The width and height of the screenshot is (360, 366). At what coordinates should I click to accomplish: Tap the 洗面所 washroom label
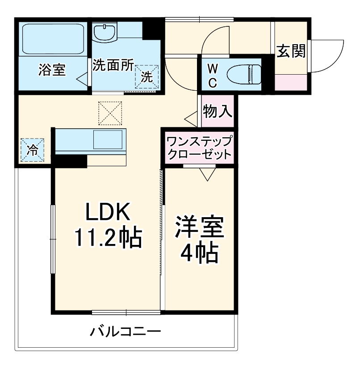coord(113,66)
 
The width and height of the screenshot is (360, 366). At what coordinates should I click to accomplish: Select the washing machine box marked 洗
coord(147,77)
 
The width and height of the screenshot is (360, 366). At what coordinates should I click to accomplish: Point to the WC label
coord(213,75)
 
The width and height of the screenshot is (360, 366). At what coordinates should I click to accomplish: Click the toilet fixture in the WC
coord(243,74)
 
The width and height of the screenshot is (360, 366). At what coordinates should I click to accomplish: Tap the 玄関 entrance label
coord(291,51)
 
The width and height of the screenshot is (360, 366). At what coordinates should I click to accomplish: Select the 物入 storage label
coord(218,111)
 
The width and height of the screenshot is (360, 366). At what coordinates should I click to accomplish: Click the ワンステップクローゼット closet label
coord(199,148)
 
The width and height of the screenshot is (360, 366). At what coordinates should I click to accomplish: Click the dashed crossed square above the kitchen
coord(110,113)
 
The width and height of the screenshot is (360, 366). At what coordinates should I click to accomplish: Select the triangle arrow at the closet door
coord(206,174)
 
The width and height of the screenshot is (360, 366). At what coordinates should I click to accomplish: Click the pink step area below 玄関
coord(291,83)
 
